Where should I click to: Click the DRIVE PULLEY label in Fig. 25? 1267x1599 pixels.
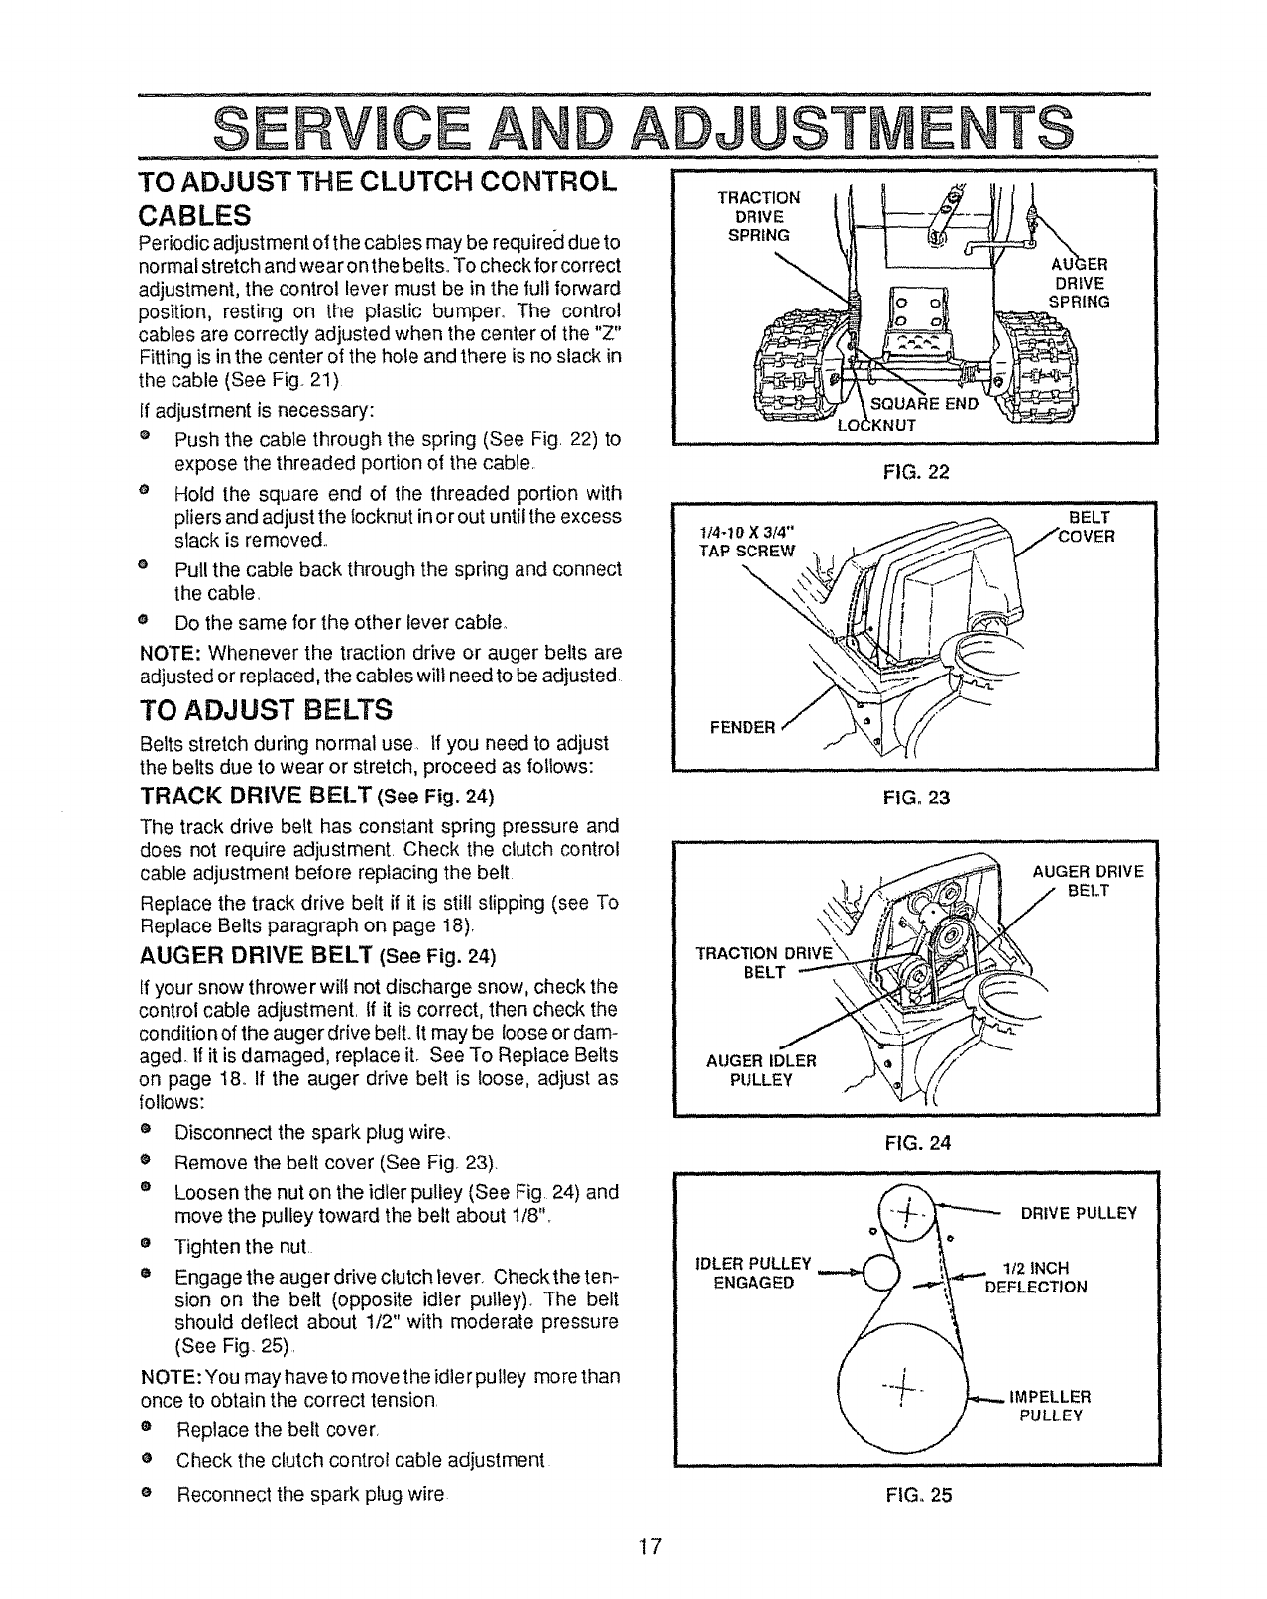pos(1078,1213)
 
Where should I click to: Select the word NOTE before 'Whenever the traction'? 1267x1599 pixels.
pos(172,653)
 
